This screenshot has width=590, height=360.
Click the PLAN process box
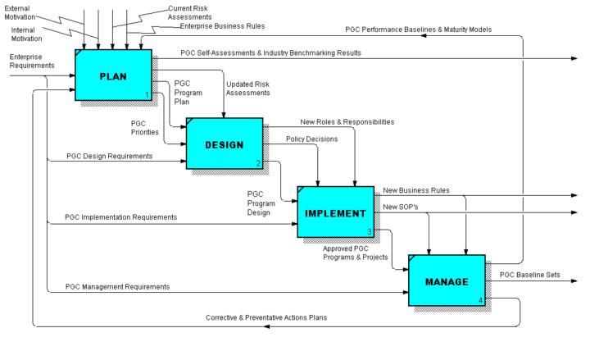114,75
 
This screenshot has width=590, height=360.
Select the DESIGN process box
224,144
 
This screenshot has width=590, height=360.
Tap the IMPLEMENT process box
334,213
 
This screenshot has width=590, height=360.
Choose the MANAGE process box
447,281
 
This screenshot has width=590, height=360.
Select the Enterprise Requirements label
31,60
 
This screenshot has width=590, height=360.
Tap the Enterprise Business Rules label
222,26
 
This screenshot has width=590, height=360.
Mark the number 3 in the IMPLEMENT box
370,232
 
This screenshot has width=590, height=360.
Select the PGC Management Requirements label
118,286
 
